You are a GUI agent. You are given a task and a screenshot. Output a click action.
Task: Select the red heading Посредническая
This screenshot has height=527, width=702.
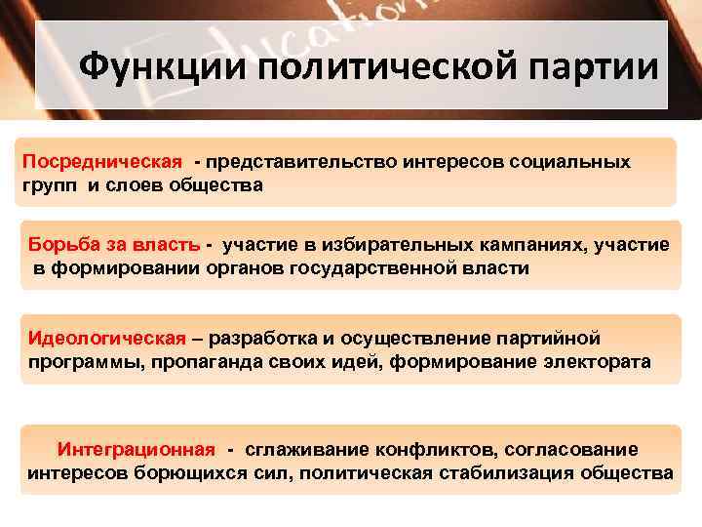click(x=102, y=161)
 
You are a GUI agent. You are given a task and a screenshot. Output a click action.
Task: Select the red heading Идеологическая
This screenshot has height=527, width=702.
click(x=107, y=339)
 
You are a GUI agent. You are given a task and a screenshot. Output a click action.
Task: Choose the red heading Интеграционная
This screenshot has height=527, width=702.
click(x=136, y=449)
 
